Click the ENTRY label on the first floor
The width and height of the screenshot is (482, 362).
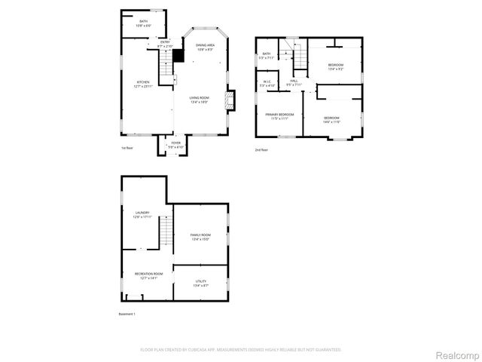165,44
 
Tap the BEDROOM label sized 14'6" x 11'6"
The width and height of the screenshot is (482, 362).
331,119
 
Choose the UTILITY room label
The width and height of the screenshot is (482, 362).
200,284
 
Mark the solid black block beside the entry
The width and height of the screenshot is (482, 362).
178,55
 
